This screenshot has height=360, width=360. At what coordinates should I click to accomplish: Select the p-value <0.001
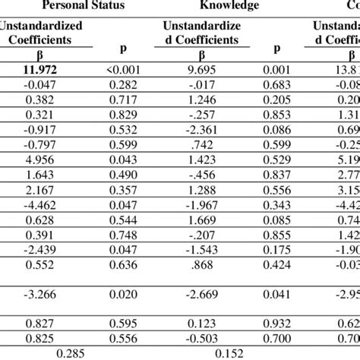pos(123,70)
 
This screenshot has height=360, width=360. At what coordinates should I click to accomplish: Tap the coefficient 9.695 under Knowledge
pos(201,70)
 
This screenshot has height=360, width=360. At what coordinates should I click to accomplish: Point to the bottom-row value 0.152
pos(223,352)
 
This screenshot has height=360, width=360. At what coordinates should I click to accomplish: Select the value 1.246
pos(201,99)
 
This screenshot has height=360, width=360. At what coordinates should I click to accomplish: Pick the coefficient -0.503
pos(201,337)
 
